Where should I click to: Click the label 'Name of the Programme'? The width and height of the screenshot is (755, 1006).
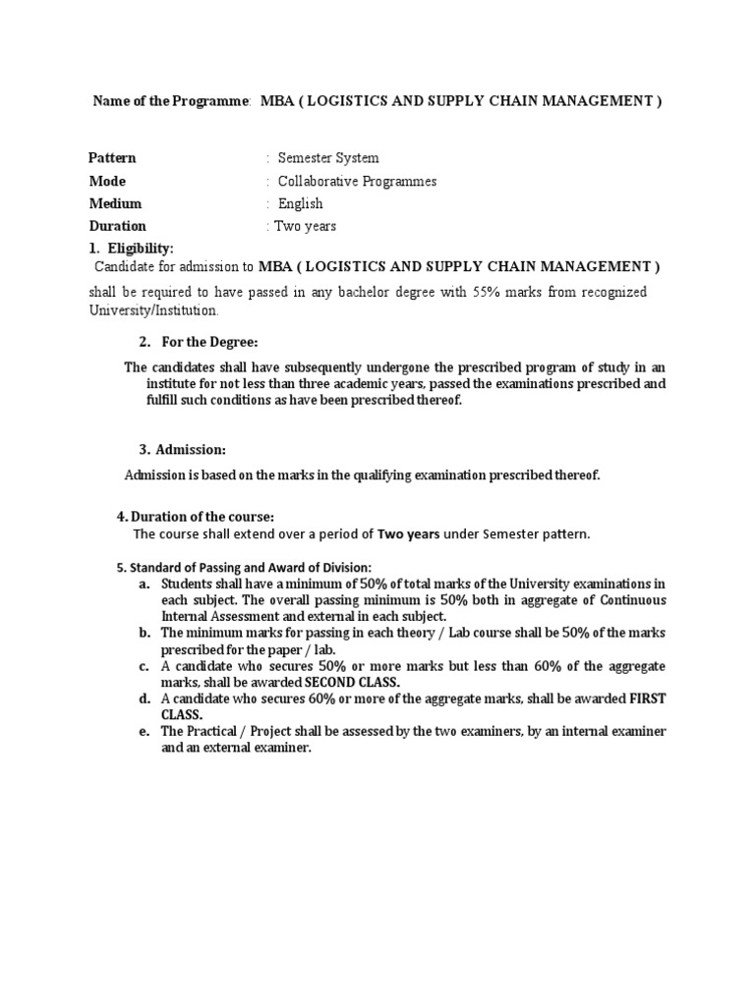click(171, 101)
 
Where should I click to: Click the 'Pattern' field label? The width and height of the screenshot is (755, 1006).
click(112, 158)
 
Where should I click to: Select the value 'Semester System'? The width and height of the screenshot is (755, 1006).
click(328, 158)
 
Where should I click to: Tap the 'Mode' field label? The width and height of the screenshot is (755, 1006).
click(107, 181)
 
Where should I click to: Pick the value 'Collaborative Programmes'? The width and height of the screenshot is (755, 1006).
click(357, 181)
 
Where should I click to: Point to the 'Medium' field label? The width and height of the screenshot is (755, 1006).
click(115, 203)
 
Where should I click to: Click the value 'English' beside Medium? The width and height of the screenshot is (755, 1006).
click(300, 203)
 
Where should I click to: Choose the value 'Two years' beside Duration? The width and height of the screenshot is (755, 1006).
click(305, 226)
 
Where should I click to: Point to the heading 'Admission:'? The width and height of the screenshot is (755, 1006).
click(190, 449)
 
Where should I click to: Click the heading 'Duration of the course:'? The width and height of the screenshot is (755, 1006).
click(203, 517)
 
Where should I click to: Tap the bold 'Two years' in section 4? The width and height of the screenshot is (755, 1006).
click(409, 534)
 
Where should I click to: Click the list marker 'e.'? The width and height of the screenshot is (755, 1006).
click(145, 731)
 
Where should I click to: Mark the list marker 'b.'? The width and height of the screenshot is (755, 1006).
click(145, 633)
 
